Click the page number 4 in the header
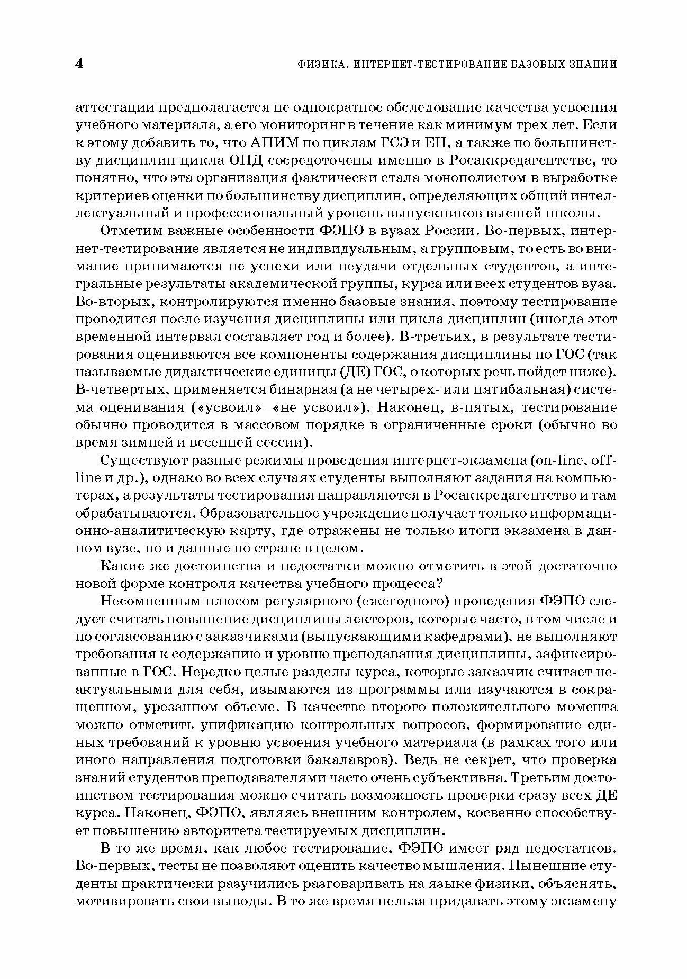click(80, 64)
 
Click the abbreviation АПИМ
click(274, 143)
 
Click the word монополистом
click(453, 178)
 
